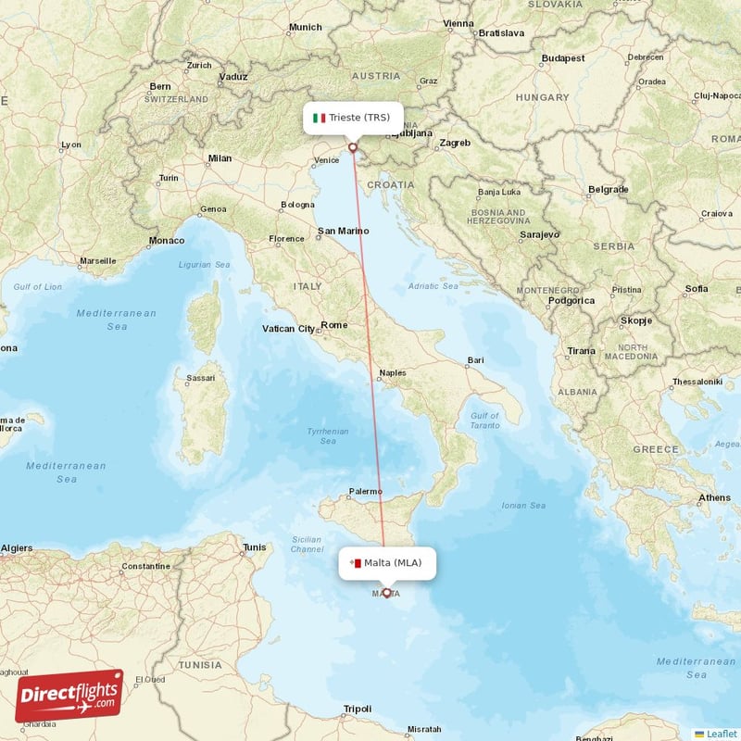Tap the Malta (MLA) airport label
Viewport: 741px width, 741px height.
pos(393,562)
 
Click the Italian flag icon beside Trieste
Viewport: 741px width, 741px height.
pos(320,118)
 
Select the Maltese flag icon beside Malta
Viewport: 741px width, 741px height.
pos(355,562)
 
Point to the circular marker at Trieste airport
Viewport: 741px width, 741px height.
pos(353,146)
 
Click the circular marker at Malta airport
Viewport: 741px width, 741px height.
pos(386,593)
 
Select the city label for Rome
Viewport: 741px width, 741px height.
pos(333,325)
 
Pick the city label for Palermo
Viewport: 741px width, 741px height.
pos(365,491)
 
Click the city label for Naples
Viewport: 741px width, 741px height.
pos(393,372)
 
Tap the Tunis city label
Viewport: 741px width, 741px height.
pos(254,547)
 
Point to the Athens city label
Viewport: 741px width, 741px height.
pos(714,497)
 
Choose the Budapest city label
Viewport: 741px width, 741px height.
pos(563,57)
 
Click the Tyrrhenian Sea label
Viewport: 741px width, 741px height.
pos(328,436)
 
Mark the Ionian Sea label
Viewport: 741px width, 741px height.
pos(523,505)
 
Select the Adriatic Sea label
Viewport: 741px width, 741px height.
pos(433,286)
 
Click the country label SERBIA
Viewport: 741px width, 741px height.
pos(613,247)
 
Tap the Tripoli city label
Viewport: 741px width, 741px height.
pos(357,709)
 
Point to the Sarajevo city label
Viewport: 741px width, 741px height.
pos(539,235)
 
